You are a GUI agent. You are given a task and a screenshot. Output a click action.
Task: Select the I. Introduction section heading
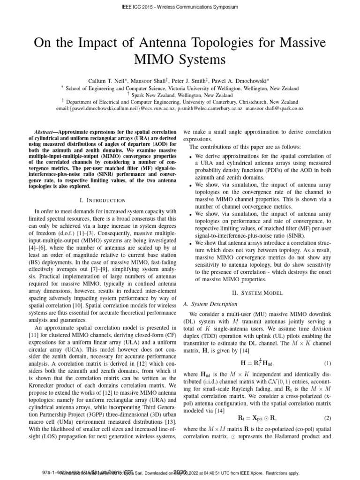96,200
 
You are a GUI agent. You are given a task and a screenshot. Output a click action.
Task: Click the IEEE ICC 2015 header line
180,7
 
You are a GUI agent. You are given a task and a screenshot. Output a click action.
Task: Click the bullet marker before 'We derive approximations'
190,156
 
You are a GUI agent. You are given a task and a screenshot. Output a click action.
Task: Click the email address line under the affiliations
180,108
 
